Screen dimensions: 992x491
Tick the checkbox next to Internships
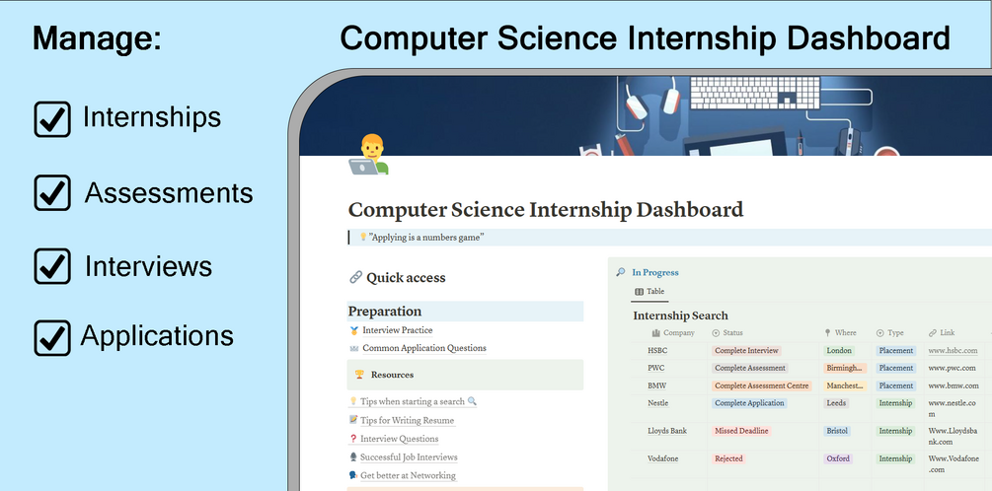[52, 118]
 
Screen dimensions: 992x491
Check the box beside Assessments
[52, 192]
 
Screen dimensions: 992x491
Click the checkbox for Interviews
[52, 265]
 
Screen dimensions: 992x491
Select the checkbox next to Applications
[52, 337]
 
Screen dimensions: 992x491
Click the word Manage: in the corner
[98, 38]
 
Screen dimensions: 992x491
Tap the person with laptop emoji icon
[369, 154]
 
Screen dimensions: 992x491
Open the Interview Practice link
[398, 330]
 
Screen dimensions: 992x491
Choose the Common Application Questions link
[423, 348]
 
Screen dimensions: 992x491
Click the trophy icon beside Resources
[359, 375]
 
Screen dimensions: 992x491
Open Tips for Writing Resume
[407, 420]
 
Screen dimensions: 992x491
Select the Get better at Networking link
[408, 475]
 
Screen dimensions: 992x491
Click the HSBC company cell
[657, 351]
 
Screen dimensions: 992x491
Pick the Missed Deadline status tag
[741, 431]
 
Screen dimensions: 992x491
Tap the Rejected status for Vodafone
[728, 458]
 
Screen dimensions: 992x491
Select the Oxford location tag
[838, 458]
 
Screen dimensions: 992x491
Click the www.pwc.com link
[953, 368]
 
